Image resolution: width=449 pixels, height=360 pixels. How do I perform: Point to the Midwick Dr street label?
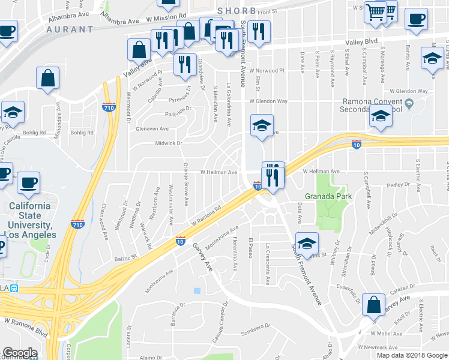click(169, 143)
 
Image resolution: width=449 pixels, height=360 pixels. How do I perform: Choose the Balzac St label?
click(126, 257)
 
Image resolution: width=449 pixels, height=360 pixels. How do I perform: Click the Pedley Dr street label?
click(398, 185)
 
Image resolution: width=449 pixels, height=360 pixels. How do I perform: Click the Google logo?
click(19, 353)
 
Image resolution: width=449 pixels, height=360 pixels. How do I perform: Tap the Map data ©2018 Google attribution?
click(412, 355)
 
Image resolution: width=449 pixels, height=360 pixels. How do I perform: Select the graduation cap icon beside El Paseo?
click(307, 243)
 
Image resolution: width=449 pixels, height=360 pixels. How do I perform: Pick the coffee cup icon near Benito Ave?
click(416, 18)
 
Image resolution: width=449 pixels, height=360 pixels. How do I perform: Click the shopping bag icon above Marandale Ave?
click(47, 77)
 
